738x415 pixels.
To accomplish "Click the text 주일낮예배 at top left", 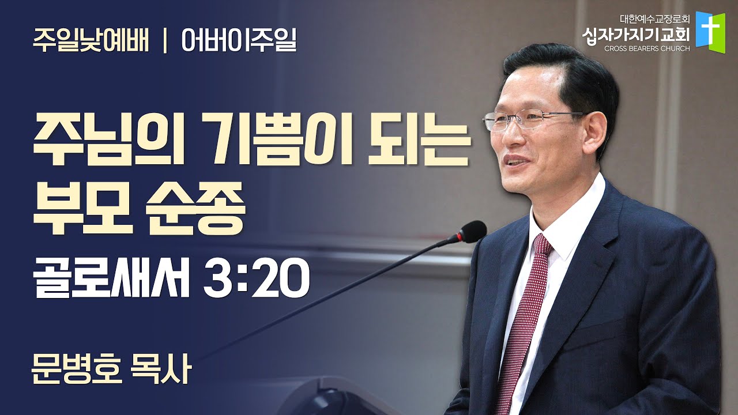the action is pyautogui.click(x=91, y=40).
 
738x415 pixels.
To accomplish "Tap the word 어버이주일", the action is pyautogui.click(x=239, y=40).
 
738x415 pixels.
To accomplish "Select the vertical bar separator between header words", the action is pyautogui.click(x=165, y=41).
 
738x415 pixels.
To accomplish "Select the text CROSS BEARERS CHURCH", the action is pyautogui.click(x=647, y=49).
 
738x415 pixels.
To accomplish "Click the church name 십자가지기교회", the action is pyautogui.click(x=636, y=35).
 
